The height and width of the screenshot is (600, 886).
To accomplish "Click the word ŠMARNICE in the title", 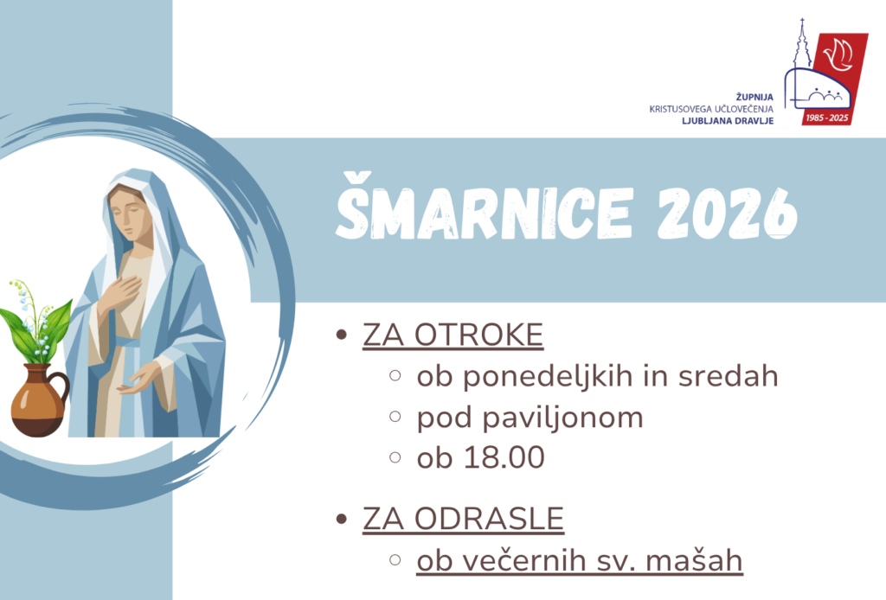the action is click(x=485, y=207).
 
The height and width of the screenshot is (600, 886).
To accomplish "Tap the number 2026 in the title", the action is click(x=727, y=212).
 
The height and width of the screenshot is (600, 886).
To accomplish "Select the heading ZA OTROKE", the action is click(x=453, y=335).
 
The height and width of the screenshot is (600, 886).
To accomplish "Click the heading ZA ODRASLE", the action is click(x=464, y=519).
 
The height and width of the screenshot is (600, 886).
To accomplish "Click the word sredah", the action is click(x=728, y=376).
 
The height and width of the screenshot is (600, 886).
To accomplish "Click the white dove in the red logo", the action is click(x=838, y=56).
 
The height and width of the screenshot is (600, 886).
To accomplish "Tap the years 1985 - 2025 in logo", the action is click(x=827, y=118).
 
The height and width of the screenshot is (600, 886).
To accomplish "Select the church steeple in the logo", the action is click(x=802, y=44).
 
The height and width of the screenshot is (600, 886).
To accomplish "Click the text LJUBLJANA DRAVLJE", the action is click(x=728, y=121).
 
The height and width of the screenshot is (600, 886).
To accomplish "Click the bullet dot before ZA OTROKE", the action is click(x=341, y=335).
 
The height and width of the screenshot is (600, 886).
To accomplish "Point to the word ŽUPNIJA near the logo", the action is click(x=754, y=97).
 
